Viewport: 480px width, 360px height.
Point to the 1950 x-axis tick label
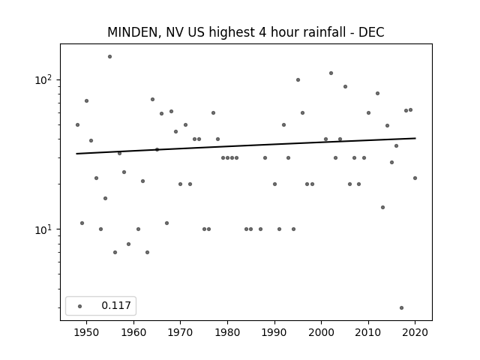[x=87, y=332]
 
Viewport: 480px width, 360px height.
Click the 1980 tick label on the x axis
[x=227, y=332]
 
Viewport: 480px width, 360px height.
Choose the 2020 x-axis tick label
[x=415, y=332]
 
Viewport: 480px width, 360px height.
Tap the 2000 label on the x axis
[x=322, y=332]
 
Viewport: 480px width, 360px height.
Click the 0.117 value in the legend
[x=116, y=305]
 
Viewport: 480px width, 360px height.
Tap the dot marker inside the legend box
[x=79, y=306]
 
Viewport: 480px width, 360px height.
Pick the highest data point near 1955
[x=110, y=57]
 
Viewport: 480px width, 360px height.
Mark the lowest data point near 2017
[x=402, y=308]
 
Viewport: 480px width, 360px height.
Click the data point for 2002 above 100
[x=331, y=73]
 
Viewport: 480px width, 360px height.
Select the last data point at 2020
[x=415, y=178]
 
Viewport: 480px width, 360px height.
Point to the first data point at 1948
[x=77, y=125]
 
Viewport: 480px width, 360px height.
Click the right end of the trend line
[x=415, y=138]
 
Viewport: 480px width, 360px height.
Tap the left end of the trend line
[x=76, y=154]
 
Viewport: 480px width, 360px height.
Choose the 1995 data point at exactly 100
[x=298, y=80]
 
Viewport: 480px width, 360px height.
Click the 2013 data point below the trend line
[x=382, y=208]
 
